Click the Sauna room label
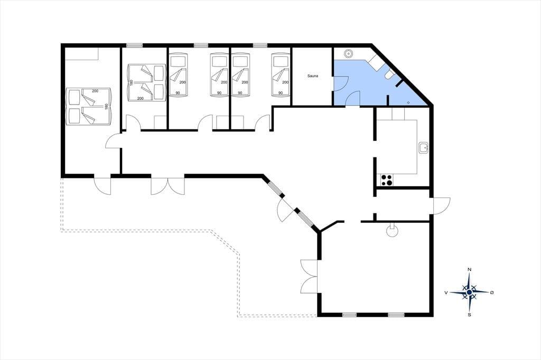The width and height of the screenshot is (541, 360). [313, 76]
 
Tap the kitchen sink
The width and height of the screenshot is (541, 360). [423, 148]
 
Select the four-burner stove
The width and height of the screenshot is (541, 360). [386, 180]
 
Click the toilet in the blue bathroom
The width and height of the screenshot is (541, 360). [389, 74]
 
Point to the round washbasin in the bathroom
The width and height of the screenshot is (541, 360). [349, 53]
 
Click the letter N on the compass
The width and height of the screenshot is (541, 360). [469, 269]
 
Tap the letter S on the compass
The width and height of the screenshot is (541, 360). [469, 315]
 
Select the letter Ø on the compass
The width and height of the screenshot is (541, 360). [492, 292]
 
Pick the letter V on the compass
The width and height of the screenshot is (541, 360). [446, 293]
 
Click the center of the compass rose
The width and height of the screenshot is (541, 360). [469, 292]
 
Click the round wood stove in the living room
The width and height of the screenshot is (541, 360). [393, 231]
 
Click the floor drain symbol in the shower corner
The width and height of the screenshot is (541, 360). [408, 102]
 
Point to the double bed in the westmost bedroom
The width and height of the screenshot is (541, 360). [89, 107]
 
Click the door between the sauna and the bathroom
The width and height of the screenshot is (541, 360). [340, 83]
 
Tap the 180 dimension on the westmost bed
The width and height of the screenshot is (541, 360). [106, 107]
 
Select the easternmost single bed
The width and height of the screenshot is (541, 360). [281, 74]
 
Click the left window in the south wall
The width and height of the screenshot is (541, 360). [349, 315]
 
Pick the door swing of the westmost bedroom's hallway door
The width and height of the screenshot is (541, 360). [113, 141]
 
